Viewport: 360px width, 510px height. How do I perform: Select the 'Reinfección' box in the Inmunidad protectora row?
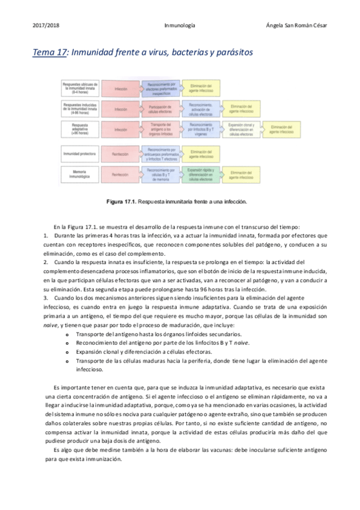[x=120, y=154]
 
